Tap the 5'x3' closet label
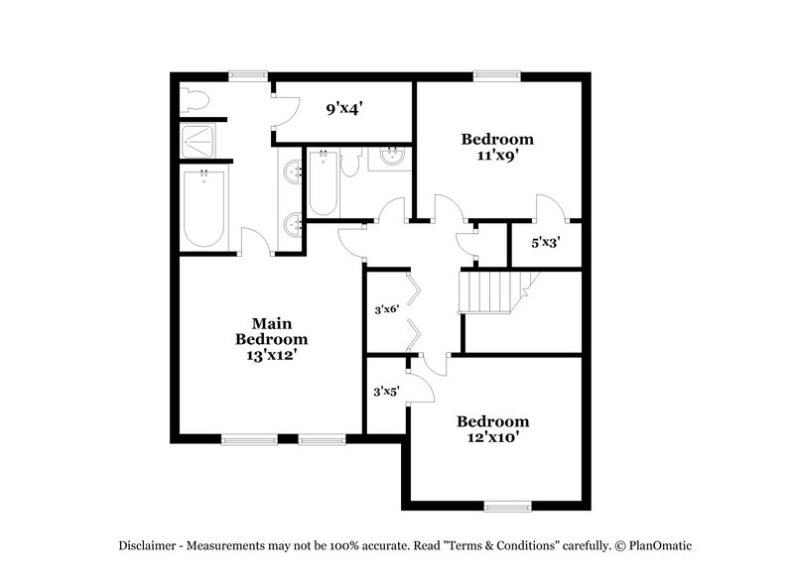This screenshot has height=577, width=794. point(546,241)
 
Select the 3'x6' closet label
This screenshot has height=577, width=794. point(385,309)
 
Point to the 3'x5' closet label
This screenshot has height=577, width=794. point(385,392)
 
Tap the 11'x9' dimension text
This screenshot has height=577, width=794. point(497,156)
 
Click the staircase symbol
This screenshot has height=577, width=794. point(490,291)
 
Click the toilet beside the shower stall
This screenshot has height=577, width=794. point(195,100)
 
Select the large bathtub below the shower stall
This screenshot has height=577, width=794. point(204,208)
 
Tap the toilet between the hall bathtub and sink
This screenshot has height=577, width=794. point(349,164)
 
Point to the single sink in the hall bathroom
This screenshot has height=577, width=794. point(390,156)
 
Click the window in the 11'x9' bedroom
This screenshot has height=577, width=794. point(497,74)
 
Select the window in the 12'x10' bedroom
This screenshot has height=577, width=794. point(507,506)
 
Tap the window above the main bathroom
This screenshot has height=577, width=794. point(248,74)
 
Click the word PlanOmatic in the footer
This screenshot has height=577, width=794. point(653,545)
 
